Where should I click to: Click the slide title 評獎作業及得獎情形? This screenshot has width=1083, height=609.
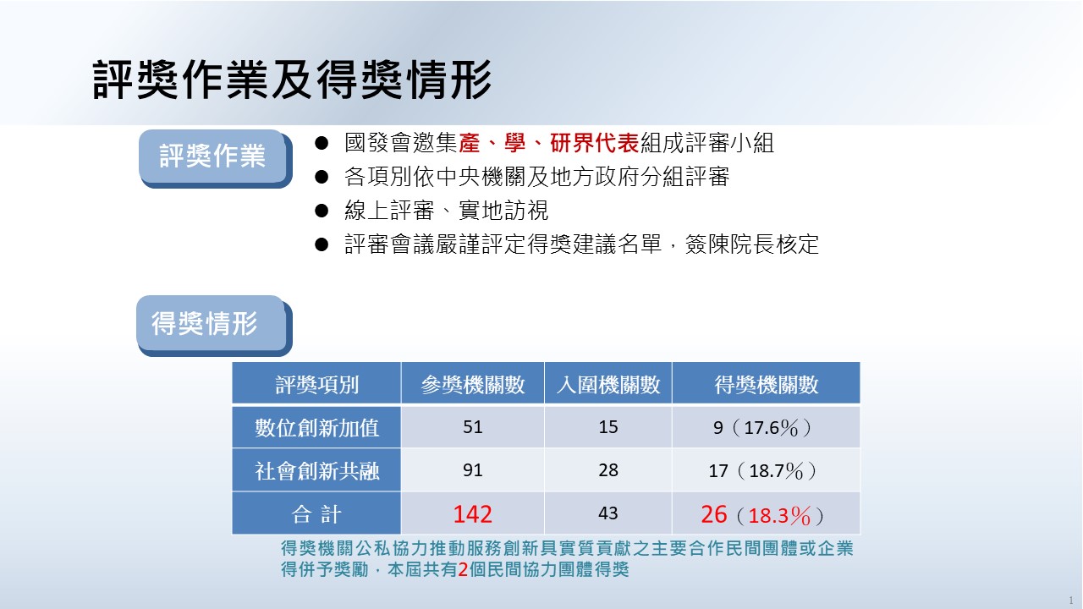coord(292,80)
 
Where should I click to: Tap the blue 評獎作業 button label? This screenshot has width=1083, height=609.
coord(212,156)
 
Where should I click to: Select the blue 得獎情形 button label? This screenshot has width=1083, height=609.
coord(205,323)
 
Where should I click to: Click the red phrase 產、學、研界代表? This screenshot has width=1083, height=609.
coord(549,143)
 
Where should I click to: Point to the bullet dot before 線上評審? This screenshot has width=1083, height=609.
coord(322,211)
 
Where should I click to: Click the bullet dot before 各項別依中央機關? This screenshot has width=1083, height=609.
coord(322,177)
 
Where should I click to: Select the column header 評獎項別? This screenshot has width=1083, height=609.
coord(316,385)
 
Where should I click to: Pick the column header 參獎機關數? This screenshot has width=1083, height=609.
coord(472,385)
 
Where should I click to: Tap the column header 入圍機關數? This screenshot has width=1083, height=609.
coord(608,385)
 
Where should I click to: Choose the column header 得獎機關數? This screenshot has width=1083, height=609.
coord(767,385)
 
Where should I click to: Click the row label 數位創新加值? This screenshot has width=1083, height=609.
coord(316,428)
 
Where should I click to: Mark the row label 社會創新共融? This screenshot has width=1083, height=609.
coord(316,471)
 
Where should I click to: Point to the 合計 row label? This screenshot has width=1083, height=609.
coord(316,513)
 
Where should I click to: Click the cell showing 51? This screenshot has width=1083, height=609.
coord(472,427)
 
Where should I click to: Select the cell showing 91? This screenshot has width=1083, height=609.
coord(472,470)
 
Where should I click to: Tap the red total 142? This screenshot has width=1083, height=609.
coord(472,513)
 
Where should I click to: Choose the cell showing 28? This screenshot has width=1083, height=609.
coord(608,470)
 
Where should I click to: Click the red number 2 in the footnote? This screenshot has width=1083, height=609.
coord(463,570)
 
